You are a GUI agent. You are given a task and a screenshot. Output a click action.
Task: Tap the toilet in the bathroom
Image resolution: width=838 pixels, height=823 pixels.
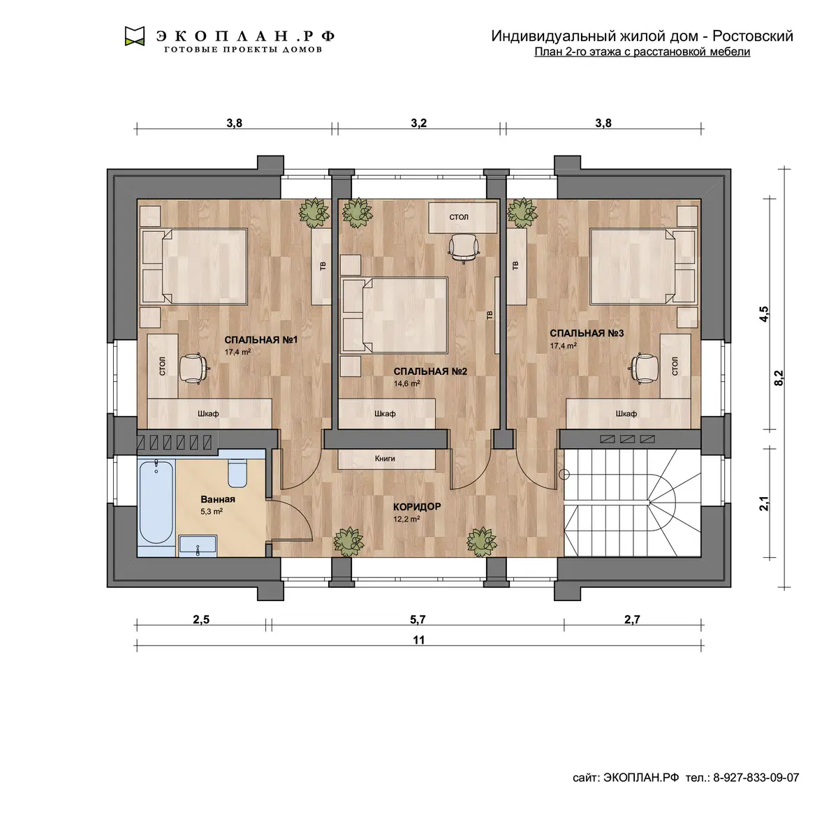237,473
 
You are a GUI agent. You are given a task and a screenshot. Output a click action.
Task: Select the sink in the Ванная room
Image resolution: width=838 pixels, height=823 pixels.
198,546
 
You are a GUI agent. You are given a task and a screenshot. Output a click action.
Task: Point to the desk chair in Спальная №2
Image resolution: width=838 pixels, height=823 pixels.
464,249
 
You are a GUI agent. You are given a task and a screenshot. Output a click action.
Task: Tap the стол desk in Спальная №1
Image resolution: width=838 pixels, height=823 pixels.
163,366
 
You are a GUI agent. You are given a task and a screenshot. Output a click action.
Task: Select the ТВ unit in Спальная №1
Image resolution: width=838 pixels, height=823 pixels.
322,266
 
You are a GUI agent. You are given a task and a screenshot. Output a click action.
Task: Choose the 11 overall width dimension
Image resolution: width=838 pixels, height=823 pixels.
419,640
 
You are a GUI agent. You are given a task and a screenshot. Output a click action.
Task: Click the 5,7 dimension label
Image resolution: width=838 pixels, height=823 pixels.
418,619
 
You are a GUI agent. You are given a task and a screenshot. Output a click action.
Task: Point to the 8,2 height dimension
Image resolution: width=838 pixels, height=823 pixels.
779,378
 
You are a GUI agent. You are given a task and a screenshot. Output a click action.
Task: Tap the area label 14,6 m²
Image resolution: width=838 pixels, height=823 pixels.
406,383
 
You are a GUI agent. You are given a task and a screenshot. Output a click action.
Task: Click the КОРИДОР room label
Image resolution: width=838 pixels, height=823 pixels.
417,507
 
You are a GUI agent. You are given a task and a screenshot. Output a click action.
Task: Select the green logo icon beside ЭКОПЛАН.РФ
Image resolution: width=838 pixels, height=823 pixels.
134,36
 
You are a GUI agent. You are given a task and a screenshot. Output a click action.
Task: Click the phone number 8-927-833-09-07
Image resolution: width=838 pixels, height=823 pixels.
756,778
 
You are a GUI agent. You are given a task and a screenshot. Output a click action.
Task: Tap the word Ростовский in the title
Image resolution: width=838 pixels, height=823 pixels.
754,36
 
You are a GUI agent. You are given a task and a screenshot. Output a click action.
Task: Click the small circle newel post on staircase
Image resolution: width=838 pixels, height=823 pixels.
564,474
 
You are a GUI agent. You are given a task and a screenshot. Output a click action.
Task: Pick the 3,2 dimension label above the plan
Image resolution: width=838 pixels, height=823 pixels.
419,123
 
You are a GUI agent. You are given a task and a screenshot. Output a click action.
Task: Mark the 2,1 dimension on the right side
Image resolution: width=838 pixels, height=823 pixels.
764,503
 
